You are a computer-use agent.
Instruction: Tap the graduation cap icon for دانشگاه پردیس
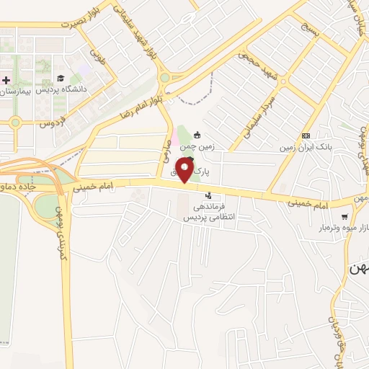[x=61, y=79]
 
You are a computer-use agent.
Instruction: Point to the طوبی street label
[x=97, y=56]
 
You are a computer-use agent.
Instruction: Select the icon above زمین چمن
[x=196, y=135]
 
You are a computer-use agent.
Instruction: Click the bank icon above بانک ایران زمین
[x=306, y=135]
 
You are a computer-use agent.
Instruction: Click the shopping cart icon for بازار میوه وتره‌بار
[x=344, y=215]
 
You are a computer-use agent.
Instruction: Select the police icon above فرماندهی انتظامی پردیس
[x=209, y=195]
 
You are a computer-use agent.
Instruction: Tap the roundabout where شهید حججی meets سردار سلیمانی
[x=282, y=82]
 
